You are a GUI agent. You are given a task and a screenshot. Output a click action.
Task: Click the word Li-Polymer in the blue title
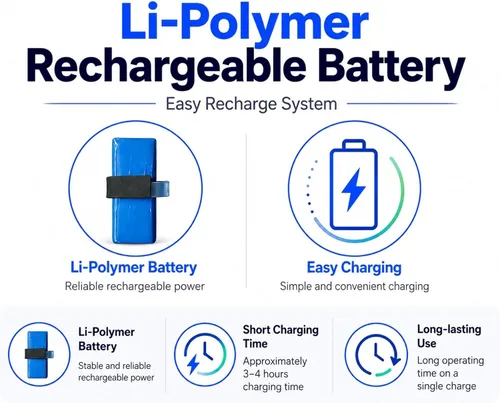tap(244, 22)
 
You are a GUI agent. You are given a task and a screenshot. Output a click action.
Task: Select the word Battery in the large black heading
tap(391, 68)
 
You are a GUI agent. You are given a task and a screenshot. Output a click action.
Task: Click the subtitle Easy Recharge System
tap(251, 104)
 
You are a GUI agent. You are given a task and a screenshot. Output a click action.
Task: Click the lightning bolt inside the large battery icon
tap(353, 189)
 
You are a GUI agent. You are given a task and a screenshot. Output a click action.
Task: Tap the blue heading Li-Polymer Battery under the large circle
tap(134, 268)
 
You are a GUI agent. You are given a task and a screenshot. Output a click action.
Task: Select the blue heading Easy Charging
tap(354, 268)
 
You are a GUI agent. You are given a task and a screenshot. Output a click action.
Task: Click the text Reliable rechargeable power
tap(135, 286)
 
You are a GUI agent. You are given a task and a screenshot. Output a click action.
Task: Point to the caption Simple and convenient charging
tap(354, 286)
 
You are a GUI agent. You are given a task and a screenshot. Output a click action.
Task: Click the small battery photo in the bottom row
tap(39, 354)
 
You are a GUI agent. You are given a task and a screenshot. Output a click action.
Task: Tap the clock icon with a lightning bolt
tap(204, 354)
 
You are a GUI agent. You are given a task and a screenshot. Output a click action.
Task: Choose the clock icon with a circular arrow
tap(377, 355)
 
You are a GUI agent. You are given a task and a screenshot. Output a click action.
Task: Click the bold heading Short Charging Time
tap(281, 337)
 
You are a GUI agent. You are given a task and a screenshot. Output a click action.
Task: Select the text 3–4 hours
tap(265, 374)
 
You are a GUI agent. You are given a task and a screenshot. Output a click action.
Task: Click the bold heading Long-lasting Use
tap(449, 336)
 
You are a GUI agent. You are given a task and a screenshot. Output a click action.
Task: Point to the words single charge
tap(446, 386)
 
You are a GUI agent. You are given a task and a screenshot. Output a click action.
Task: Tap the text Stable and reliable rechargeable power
tap(116, 372)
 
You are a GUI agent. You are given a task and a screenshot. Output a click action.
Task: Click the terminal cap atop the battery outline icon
tap(354, 145)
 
